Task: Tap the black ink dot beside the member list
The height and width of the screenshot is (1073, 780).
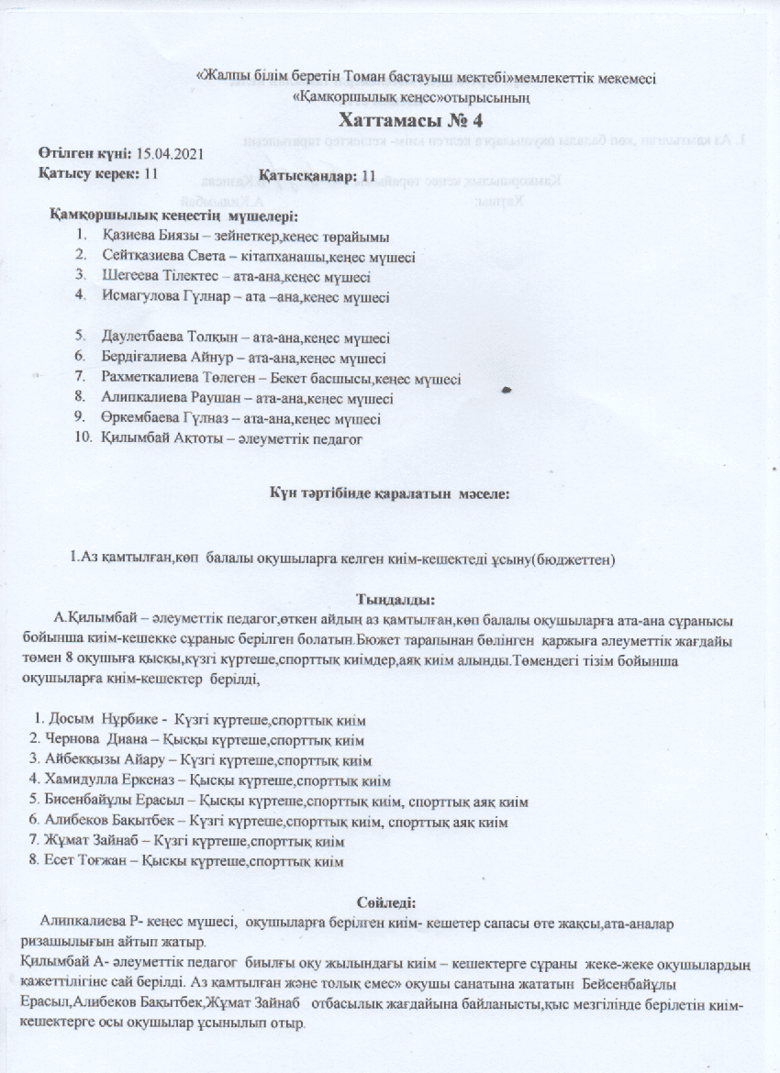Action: [507, 390]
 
